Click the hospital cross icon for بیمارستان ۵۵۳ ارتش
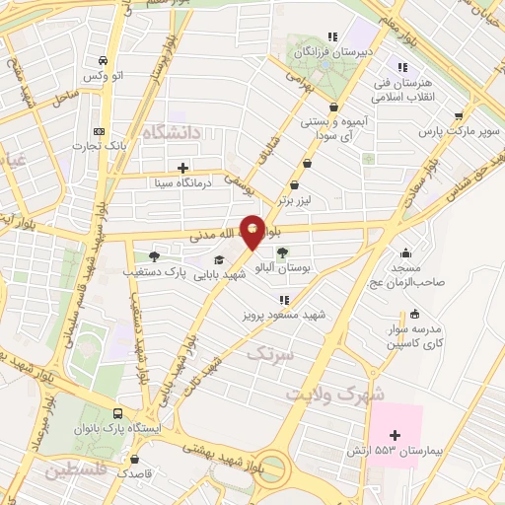pos(396,434)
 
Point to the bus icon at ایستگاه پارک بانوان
pos(118,414)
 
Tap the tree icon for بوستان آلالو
pos(284,252)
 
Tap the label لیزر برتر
pos(295,200)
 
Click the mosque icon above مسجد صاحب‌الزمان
pos(404,252)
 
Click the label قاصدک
pos(135,472)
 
